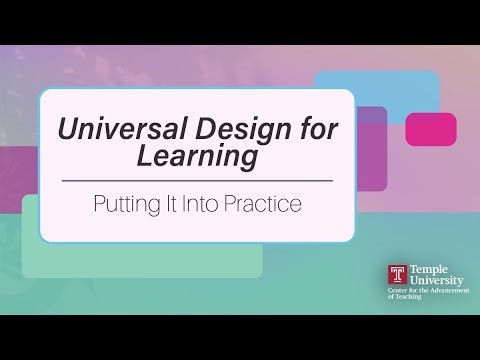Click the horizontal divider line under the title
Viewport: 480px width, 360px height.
point(197,181)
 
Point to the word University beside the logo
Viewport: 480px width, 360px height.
point(433,281)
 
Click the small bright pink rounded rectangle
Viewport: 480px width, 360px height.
point(431,129)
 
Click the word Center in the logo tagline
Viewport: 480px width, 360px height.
point(397,291)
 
